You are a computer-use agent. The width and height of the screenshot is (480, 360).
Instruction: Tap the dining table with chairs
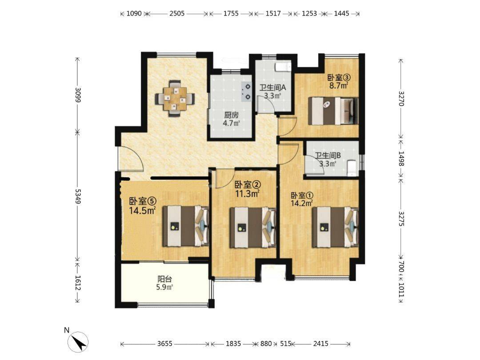pyautogui.click(x=175, y=99)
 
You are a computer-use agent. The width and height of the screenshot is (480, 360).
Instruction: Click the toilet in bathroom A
pyautogui.click(x=283, y=67)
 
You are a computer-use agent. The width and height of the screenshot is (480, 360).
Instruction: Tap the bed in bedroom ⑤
pyautogui.click(x=185, y=226)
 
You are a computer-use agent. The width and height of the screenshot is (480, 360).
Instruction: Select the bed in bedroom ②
pyautogui.click(x=253, y=228)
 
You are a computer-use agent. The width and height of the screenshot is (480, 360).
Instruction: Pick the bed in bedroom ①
pyautogui.click(x=335, y=227)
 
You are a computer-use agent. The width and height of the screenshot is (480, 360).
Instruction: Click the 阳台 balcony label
pyautogui.click(x=165, y=279)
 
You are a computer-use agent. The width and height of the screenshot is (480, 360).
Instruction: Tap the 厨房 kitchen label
pyautogui.click(x=231, y=115)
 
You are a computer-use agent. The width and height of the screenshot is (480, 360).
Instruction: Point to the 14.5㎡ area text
pyautogui.click(x=142, y=211)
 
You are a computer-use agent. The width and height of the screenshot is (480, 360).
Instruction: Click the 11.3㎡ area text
pyautogui.click(x=248, y=193)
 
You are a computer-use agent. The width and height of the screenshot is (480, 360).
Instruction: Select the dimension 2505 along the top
pyautogui.click(x=177, y=13)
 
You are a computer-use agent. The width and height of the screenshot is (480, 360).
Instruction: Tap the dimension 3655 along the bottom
pyautogui.click(x=165, y=344)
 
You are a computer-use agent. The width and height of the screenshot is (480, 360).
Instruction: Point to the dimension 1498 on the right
pyautogui.click(x=401, y=158)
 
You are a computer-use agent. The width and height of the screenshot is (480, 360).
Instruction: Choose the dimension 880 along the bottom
pyautogui.click(x=266, y=344)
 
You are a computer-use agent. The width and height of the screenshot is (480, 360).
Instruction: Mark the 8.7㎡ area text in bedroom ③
pyautogui.click(x=339, y=85)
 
